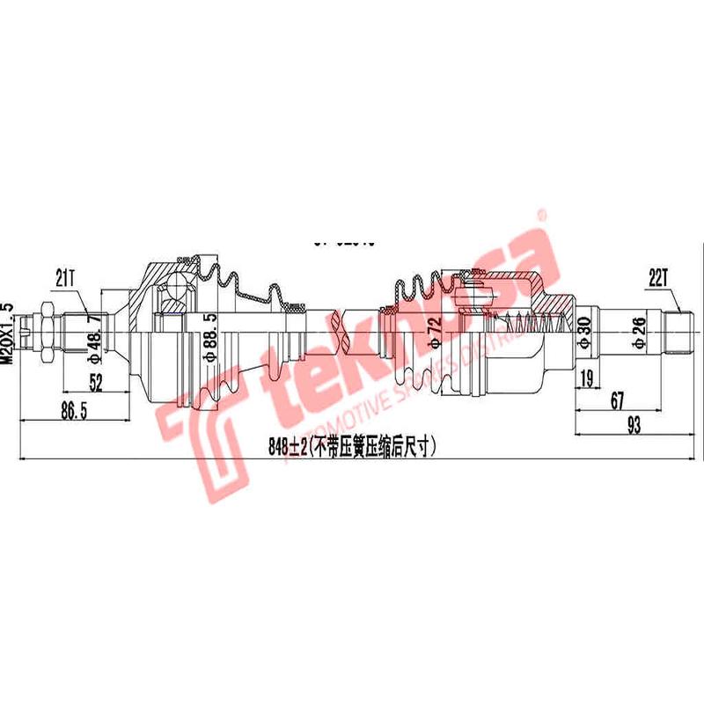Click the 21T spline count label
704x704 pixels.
click(x=65, y=279)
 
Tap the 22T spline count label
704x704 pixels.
click(x=659, y=278)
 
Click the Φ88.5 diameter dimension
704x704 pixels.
click(x=210, y=338)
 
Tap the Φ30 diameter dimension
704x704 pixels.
click(x=583, y=334)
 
